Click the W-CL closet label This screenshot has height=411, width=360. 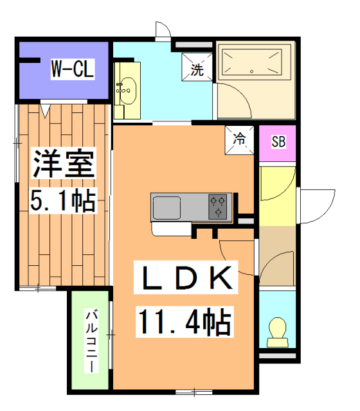click(73, 69)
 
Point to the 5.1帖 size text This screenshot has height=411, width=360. click(64, 201)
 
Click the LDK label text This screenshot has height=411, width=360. click(183, 278)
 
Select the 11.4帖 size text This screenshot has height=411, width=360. click(183, 321)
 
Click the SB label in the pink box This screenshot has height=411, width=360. click(278, 143)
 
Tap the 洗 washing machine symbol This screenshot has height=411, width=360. click(197, 69)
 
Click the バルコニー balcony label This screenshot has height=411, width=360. click(91, 342)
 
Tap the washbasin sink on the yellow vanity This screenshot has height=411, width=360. click(127, 91)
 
